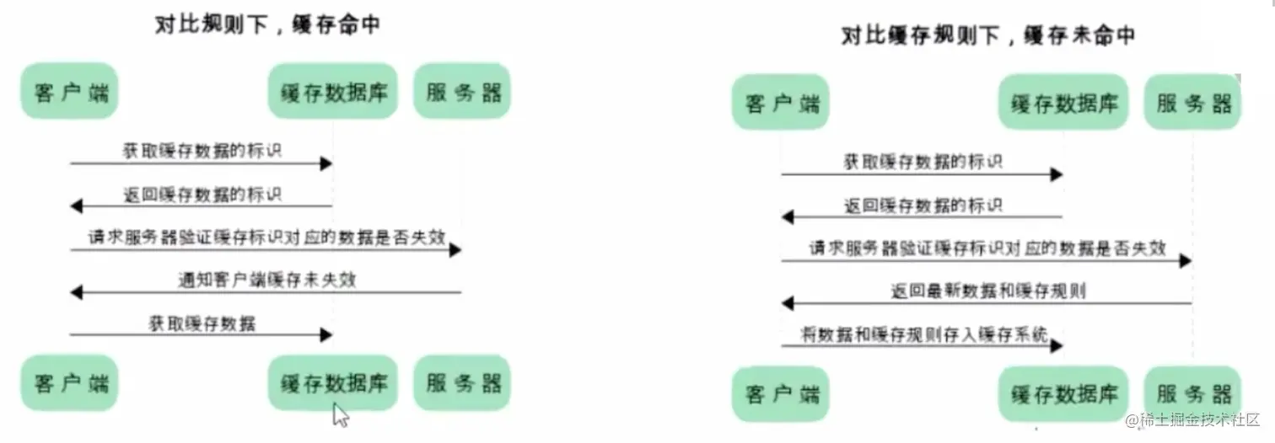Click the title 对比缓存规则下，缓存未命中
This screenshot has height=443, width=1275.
click(x=987, y=35)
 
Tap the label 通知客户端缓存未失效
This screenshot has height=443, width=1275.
click(x=266, y=280)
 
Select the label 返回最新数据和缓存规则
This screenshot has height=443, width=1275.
click(x=987, y=291)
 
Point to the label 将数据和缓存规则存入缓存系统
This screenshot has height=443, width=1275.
click(x=925, y=334)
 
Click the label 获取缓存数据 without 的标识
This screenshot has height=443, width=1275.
click(x=202, y=323)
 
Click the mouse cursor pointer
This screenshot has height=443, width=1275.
click(x=340, y=415)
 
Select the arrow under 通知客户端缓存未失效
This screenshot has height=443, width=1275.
click(x=266, y=293)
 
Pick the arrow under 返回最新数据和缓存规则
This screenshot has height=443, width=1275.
click(x=987, y=303)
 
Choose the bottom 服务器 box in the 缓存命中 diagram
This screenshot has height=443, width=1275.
click(x=463, y=383)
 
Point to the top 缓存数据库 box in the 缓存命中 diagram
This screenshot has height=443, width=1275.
click(x=333, y=91)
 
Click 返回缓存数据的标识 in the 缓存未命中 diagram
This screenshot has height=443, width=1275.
click(x=923, y=205)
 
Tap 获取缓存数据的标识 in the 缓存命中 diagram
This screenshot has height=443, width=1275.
click(x=202, y=152)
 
